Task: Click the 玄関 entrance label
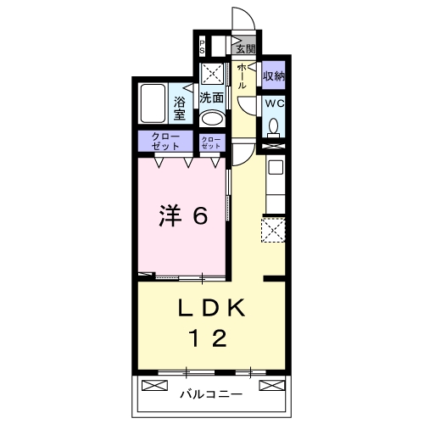pos(247,47)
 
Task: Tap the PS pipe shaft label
pos(202,47)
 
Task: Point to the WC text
pos(273,103)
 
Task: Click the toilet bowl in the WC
pos(273,126)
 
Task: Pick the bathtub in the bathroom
pos(154,104)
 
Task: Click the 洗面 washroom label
pos(212,98)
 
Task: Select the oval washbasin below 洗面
pos(212,119)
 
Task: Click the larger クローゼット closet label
pos(165,142)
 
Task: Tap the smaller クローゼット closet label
pos(212,142)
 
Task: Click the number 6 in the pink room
pos(200,217)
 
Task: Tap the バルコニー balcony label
pos(210,394)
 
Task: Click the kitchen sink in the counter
pos(275,168)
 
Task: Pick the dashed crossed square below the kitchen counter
pos(273,229)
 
